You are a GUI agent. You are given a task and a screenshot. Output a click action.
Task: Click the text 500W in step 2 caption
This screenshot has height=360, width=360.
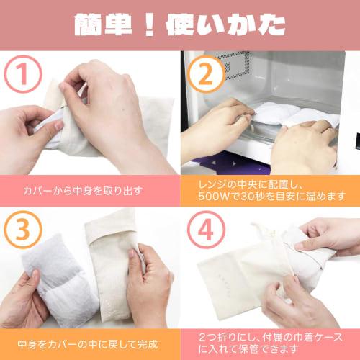[x=215, y=197]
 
